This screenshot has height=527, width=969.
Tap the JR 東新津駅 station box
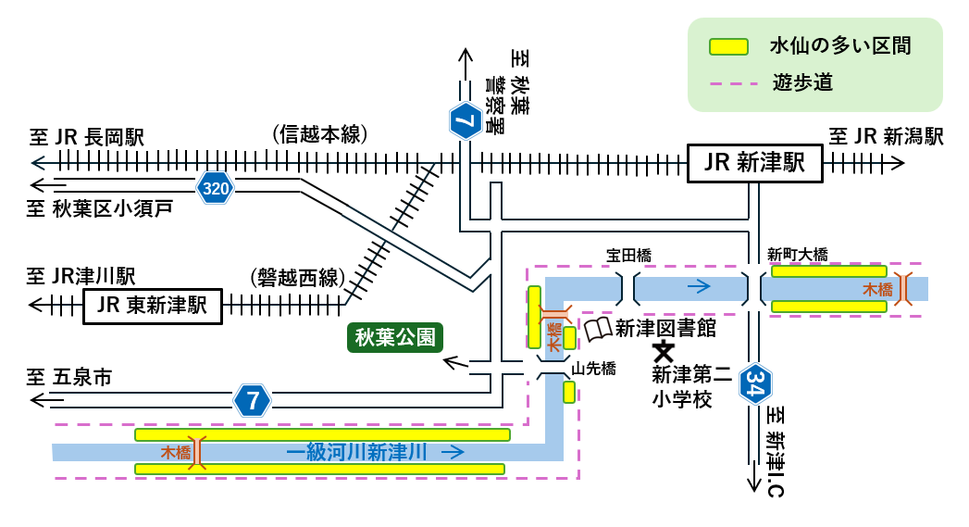pyautogui.click(x=153, y=306)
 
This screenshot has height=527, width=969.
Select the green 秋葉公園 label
pyautogui.click(x=395, y=337)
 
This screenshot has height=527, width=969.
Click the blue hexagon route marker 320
pyautogui.click(x=216, y=189)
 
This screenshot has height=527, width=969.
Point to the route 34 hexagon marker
pyautogui.click(x=755, y=385)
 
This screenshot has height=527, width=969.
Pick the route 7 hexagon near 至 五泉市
pyautogui.click(x=253, y=400)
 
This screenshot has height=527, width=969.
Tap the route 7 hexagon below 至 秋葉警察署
pyautogui.click(x=465, y=119)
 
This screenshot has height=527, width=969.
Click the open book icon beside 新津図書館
pyautogui.click(x=598, y=329)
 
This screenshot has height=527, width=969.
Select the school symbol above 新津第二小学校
pyautogui.click(x=663, y=351)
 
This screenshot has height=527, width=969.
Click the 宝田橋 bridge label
pyautogui.click(x=629, y=255)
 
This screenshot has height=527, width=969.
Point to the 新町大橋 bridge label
pyautogui.click(x=797, y=255)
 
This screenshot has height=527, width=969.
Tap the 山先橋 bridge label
pyautogui.click(x=592, y=368)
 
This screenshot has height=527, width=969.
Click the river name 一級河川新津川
pyautogui.click(x=356, y=452)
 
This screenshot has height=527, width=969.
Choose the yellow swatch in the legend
pyautogui.click(x=728, y=46)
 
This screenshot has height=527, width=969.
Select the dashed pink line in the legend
pyautogui.click(x=728, y=84)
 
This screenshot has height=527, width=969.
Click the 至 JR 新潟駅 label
pyautogui.click(x=886, y=137)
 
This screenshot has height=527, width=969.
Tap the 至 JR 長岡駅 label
pyautogui.click(x=87, y=138)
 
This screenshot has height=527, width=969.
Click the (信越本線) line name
pyautogui.click(x=320, y=134)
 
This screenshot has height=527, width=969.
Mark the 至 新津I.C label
pyautogui.click(x=776, y=452)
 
